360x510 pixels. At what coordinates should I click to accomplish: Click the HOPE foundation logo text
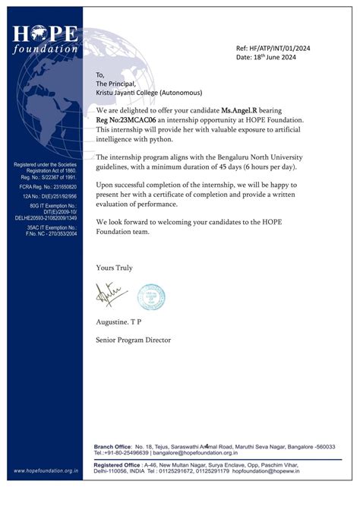click(x=46, y=39)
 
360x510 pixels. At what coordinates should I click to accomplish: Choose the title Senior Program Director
click(x=133, y=340)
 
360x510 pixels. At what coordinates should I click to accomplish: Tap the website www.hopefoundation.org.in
click(x=46, y=471)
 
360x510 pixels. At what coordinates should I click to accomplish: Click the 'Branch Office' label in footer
click(x=112, y=447)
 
